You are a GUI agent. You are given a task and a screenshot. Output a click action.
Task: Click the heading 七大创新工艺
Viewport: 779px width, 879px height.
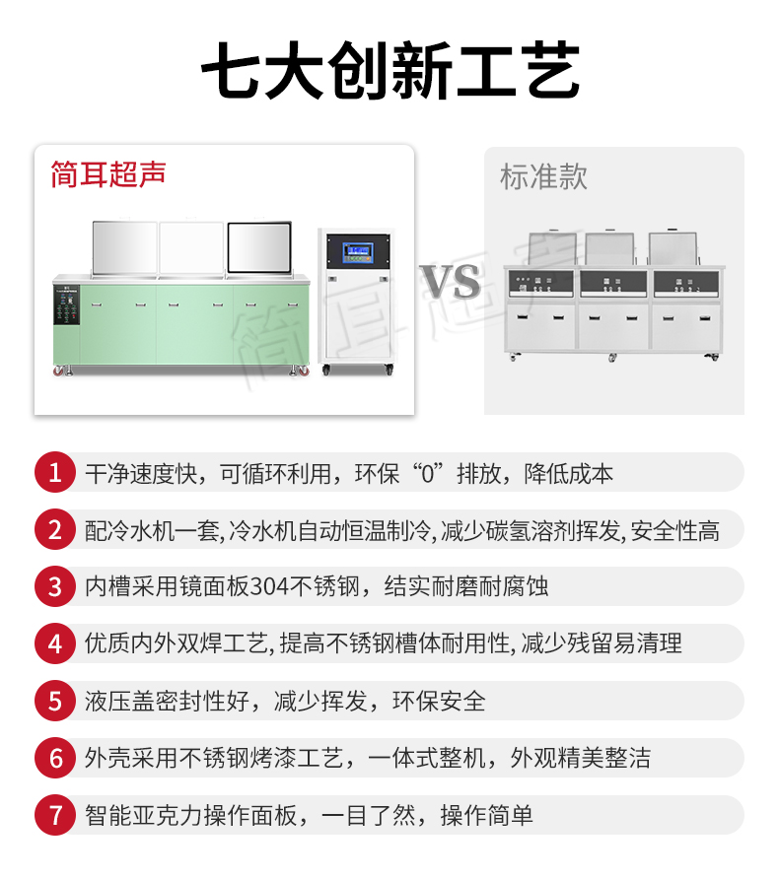(x=390, y=71)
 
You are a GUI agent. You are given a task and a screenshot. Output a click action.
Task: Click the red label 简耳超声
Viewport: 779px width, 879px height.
(x=108, y=173)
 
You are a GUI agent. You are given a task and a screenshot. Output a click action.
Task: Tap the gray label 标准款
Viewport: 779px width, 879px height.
(x=543, y=177)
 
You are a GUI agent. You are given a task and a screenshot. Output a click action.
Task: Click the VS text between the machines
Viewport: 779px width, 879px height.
(x=450, y=282)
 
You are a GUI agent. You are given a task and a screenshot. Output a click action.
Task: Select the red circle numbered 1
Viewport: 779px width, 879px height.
(x=55, y=472)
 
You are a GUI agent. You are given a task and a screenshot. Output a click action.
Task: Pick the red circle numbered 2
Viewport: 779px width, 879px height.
(x=55, y=529)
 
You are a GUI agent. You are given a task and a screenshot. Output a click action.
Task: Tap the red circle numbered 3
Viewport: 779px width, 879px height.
(x=55, y=586)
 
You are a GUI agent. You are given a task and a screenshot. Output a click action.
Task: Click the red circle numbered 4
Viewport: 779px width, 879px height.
(x=55, y=643)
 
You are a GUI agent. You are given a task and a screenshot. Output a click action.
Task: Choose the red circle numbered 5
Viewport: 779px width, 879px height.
(x=55, y=701)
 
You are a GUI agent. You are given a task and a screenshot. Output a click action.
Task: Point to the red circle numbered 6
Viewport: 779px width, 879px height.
(x=55, y=758)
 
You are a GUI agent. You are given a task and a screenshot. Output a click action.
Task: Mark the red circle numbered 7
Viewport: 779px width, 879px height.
(x=55, y=815)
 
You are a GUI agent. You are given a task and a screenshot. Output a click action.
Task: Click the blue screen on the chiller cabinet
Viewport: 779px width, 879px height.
(x=358, y=252)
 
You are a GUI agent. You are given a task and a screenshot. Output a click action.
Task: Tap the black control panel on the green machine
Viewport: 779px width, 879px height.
(x=67, y=304)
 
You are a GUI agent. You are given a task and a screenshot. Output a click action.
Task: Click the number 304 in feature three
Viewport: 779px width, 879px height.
(x=269, y=587)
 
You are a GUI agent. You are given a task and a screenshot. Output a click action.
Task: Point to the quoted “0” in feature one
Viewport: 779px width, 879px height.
(x=428, y=474)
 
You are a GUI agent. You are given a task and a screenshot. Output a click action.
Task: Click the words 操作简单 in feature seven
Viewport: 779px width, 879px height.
(x=487, y=816)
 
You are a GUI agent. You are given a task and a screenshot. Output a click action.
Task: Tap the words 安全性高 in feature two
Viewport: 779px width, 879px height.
(x=674, y=531)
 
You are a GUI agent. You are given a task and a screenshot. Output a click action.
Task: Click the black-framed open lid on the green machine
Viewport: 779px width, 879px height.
(x=259, y=247)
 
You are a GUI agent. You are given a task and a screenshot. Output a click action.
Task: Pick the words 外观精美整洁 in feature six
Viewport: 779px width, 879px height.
(x=581, y=759)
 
